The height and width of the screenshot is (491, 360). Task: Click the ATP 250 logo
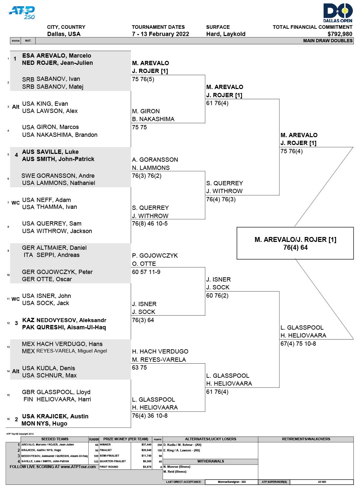21,13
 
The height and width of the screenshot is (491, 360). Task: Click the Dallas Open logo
338,13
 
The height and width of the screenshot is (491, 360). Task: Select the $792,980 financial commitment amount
340,34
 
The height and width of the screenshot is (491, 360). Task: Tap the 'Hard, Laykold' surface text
226,34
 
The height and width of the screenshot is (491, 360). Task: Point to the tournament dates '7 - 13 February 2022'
160,34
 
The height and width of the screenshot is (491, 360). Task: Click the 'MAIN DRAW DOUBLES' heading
328,41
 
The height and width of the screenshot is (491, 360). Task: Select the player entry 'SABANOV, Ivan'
58,79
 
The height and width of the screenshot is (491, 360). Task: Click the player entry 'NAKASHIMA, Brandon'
67,135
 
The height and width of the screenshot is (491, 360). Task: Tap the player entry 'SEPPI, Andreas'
58,255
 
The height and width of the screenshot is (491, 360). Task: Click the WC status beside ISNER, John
16,299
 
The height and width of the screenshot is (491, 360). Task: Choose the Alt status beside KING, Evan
16,107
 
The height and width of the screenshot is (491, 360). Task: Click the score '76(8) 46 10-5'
150,223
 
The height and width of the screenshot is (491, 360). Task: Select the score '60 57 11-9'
146,272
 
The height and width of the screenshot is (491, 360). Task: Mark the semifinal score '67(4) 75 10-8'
298,343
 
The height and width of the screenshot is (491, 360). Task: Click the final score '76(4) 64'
295,247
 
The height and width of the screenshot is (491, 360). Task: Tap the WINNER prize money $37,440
146,445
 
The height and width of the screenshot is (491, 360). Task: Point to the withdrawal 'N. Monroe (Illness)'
177,467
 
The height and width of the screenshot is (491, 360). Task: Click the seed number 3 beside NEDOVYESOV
16,323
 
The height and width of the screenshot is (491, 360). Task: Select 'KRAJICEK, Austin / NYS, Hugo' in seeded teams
41,450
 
